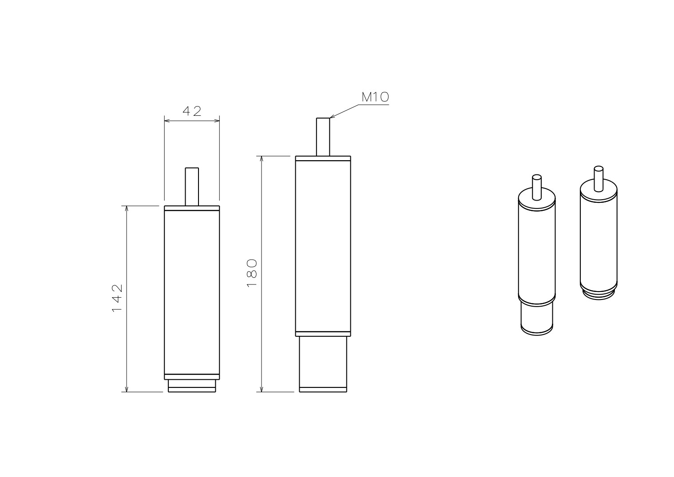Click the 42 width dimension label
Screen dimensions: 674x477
pos(192,111)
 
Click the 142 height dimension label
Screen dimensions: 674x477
pos(117,298)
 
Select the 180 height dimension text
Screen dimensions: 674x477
pos(252,273)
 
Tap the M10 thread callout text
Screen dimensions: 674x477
pos(375,97)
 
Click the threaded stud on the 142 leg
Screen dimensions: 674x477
pos(192,187)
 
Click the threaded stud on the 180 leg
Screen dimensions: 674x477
pos(323,137)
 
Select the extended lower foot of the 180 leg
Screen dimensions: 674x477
pos(323,364)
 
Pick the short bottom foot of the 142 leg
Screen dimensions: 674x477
pos(192,386)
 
